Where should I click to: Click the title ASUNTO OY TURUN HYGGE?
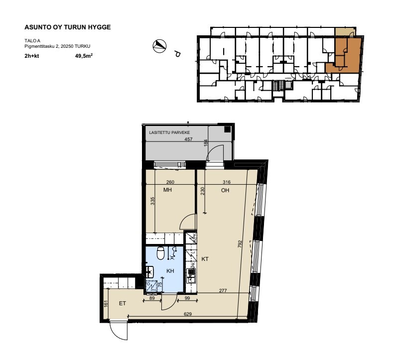coord(67,27)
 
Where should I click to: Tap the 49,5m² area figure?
coord(84,56)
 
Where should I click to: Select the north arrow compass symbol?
coord(159,46)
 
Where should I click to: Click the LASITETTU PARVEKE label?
coord(169,132)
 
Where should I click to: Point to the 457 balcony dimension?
coord(188,139)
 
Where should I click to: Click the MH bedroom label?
coord(167,190)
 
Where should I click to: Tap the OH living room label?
coord(225,190)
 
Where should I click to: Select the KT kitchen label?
coord(205,259)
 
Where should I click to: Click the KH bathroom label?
coord(170,271)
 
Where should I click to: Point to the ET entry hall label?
coord(122,303)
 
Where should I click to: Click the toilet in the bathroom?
coord(160,253)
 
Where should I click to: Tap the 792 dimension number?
coord(240,243)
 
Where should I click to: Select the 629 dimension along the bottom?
coord(188,314)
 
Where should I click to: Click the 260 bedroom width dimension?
coord(170,182)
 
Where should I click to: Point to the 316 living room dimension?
coord(227,182)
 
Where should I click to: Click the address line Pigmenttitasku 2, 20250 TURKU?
coord(57,46)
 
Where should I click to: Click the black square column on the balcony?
coord(228,129)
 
